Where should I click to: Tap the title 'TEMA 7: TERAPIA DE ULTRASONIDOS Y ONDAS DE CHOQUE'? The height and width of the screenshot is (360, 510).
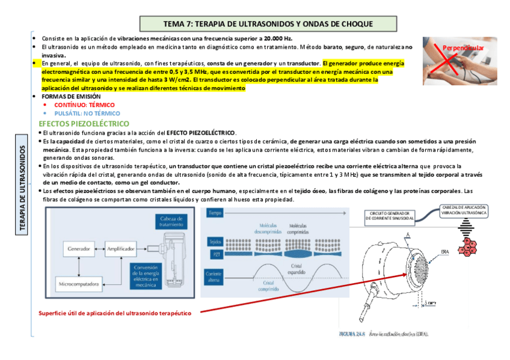(x=268, y=24)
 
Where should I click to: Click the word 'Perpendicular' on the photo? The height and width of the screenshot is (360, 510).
(x=463, y=47)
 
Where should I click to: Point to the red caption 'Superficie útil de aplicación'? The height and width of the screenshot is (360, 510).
(x=114, y=313)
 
